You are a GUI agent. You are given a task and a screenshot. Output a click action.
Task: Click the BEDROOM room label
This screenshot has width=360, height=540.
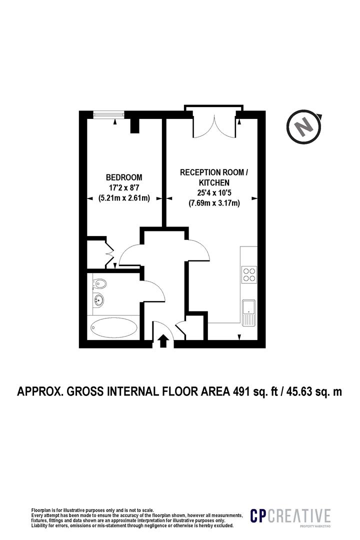[123, 177]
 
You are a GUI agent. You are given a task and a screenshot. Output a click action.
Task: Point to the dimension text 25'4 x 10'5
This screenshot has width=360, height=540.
[213, 193]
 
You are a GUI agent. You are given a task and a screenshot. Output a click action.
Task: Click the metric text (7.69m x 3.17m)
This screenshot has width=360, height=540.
[213, 203]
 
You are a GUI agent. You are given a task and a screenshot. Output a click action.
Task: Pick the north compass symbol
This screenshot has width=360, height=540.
[303, 127]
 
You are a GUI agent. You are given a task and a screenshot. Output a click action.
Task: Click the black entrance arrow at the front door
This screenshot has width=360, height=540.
[162, 341]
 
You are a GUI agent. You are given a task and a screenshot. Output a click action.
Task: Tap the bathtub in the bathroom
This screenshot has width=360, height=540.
[114, 328]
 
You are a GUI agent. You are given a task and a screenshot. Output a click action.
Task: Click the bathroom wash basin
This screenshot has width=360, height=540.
[99, 301]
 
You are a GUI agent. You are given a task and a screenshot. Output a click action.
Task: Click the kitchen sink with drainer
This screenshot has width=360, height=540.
[248, 312]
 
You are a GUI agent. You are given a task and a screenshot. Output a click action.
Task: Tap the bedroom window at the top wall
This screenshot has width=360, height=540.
[108, 114]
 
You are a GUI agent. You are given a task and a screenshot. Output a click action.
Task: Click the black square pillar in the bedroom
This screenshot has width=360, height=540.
[134, 126]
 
